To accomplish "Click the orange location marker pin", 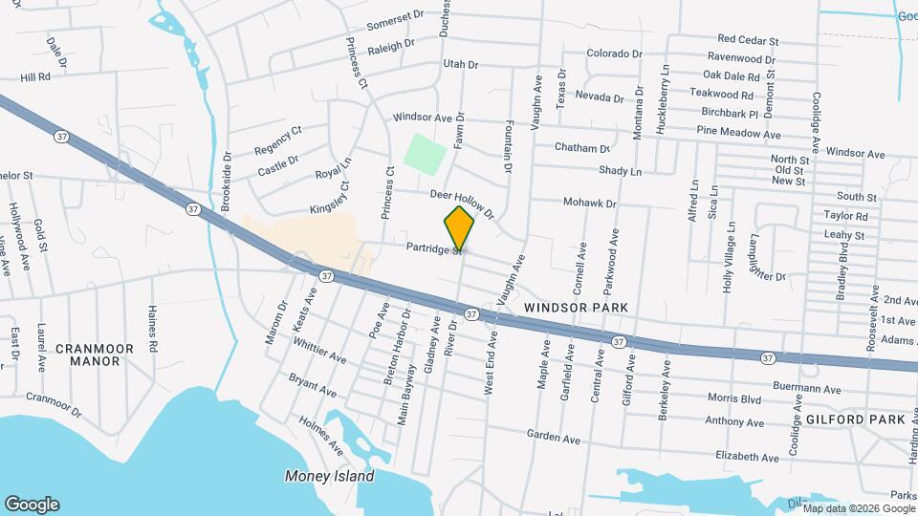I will pos(459,228).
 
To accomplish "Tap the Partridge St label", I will pos(433,247).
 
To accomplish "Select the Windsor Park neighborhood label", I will pos(576,307).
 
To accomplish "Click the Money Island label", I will pos(329,476).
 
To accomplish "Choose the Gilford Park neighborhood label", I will pos(855,419).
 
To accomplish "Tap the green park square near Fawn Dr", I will pos(425,153).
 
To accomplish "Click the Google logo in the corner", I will pos(32,505).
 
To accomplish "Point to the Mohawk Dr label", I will pos(590,204).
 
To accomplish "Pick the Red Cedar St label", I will pos(749,40).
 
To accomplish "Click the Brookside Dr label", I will pos(227,181).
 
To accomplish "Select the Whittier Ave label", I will pos(319,351).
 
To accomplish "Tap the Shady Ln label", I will pos(620,171).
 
